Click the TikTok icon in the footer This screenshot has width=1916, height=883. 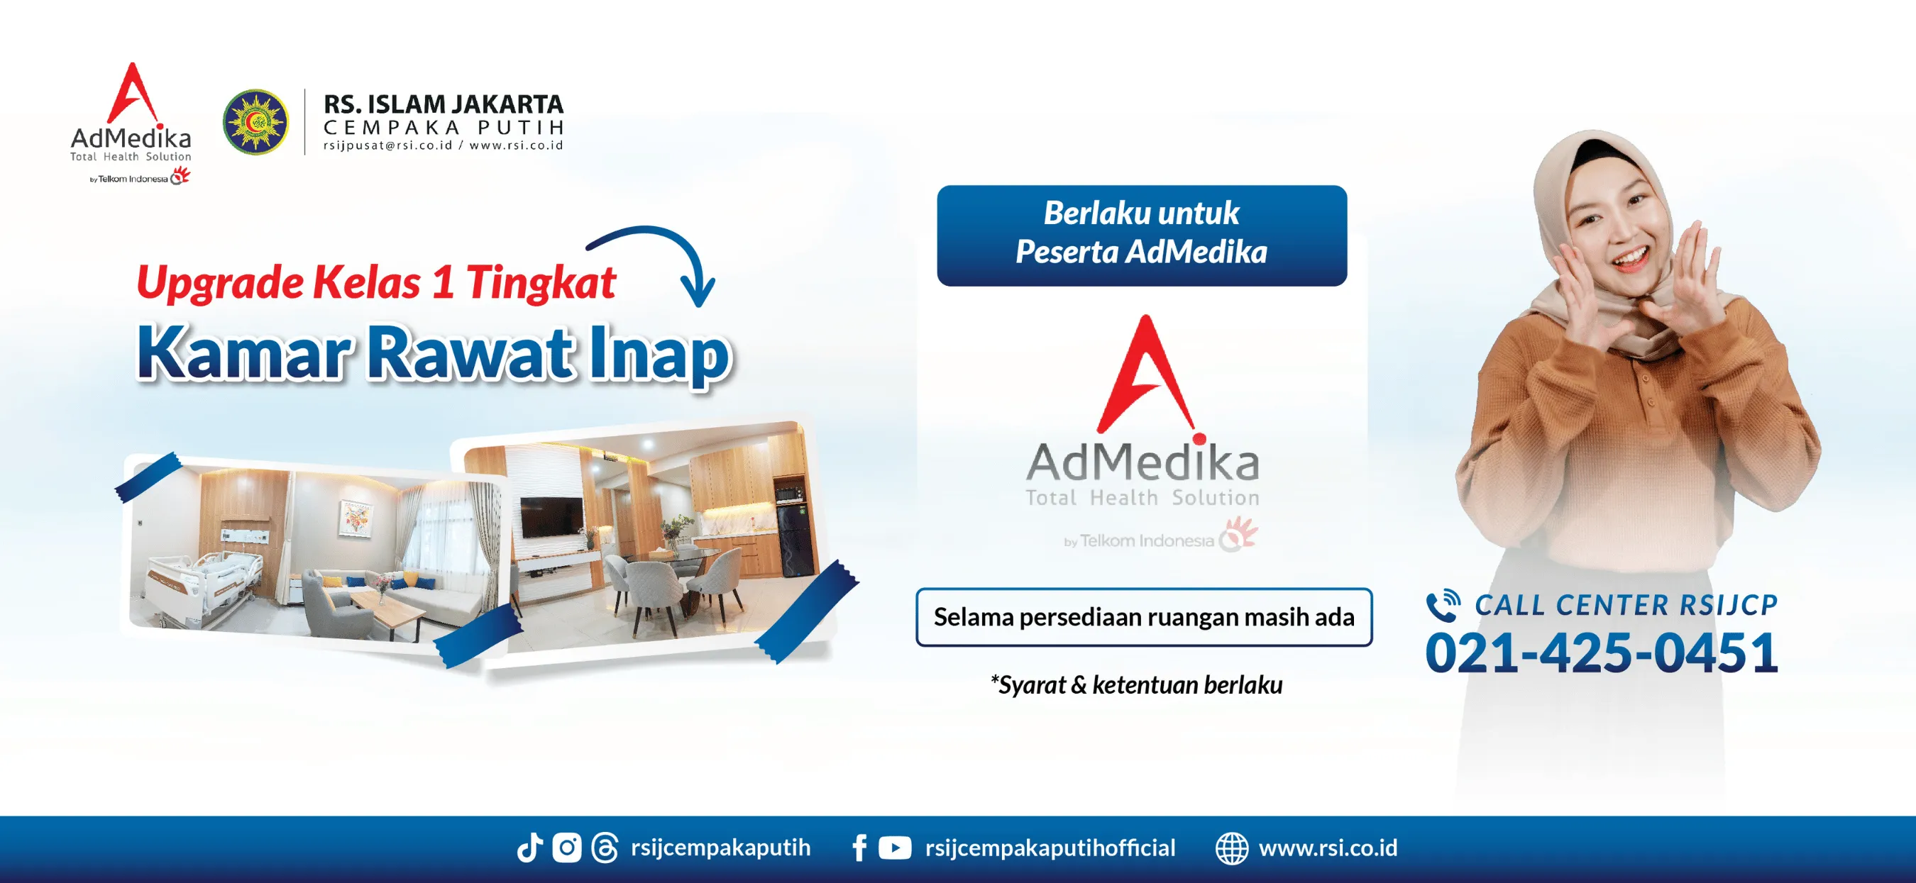[x=529, y=848]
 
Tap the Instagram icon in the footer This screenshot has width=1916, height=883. [x=567, y=848]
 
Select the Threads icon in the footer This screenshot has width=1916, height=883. [x=604, y=848]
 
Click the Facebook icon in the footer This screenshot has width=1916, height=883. [x=859, y=848]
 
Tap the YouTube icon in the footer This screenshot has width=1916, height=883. [x=894, y=848]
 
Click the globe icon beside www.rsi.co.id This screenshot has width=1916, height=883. [x=1232, y=848]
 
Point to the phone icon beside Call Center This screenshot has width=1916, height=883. [x=1442, y=605]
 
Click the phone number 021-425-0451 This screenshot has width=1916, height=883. [x=1601, y=653]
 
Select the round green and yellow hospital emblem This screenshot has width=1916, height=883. [x=255, y=122]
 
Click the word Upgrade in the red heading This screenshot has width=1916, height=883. [x=219, y=283]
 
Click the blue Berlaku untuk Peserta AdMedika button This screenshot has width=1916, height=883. [x=1141, y=235]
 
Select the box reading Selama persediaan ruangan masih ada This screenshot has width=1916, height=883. [x=1143, y=617]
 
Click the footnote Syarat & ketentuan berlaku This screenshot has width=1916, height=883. [x=1136, y=684]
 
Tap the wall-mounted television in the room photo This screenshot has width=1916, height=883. [x=551, y=517]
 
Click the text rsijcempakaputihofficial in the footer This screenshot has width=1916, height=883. [x=1050, y=848]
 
